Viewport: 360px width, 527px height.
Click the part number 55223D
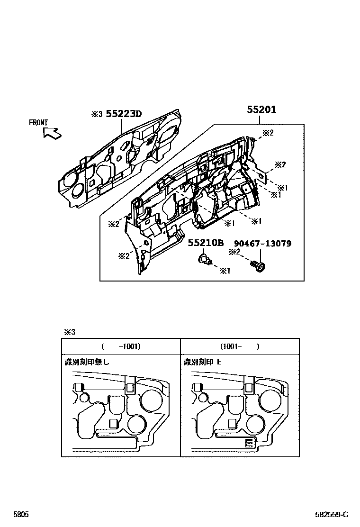(x=124, y=114)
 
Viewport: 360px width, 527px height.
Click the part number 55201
(x=261, y=109)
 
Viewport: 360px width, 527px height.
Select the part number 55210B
(x=206, y=243)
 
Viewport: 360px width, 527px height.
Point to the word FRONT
(x=38, y=123)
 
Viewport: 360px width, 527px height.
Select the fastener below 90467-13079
(x=260, y=266)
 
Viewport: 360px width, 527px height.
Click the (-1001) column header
(x=121, y=346)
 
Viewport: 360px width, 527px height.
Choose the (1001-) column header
(x=240, y=346)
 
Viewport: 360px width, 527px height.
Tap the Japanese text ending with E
(x=203, y=362)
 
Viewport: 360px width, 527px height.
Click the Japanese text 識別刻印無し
(x=87, y=362)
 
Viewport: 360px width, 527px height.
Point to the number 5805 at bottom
(x=20, y=514)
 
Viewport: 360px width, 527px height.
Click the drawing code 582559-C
(x=332, y=514)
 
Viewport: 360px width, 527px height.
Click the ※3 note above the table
(x=70, y=332)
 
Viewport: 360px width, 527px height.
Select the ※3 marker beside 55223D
(x=97, y=114)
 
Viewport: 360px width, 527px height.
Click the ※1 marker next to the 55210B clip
(x=224, y=271)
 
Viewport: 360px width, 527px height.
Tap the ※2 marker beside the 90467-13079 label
(x=235, y=252)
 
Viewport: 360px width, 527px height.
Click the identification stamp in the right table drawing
(x=249, y=443)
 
